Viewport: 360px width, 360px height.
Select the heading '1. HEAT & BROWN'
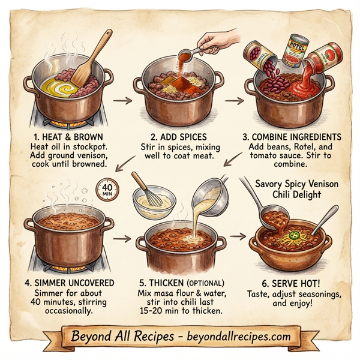point(62,136)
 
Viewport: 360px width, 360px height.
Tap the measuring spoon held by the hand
point(191,55)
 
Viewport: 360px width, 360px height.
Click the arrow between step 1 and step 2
point(121,95)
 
